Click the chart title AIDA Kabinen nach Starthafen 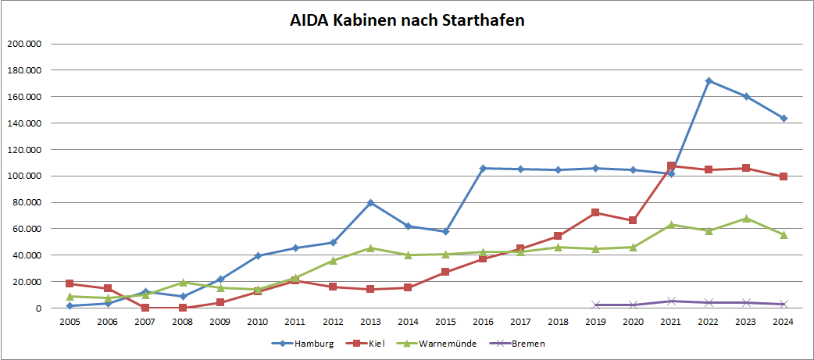click(x=406, y=20)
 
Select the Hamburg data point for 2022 click(x=709, y=80)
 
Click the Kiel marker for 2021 click(x=671, y=166)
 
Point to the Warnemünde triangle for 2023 click(x=746, y=219)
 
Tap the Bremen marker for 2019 click(x=596, y=305)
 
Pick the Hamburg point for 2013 click(x=370, y=202)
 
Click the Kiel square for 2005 click(x=70, y=283)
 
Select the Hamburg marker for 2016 click(x=483, y=168)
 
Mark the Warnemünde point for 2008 click(x=183, y=283)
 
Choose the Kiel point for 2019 click(x=596, y=212)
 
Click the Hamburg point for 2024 click(x=784, y=118)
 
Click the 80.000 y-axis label click(x=25, y=202)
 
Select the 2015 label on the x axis click(x=445, y=320)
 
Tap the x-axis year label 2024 click(x=784, y=320)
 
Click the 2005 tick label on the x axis click(x=70, y=320)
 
